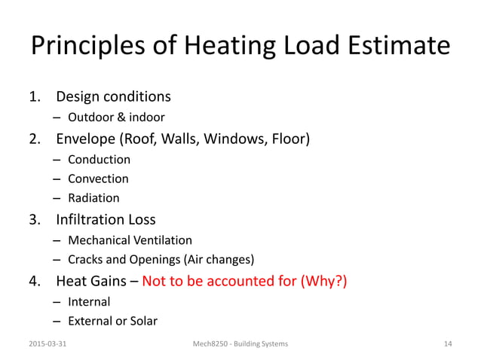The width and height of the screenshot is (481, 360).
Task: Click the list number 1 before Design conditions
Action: [33, 97]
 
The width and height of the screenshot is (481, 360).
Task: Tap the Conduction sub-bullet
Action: [99, 159]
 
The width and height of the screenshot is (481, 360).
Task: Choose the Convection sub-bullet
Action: [98, 178]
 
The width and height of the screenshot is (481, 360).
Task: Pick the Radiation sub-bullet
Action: [93, 198]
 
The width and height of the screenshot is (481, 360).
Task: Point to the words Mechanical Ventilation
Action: [130, 240]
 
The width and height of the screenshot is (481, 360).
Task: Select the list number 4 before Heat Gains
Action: [33, 282]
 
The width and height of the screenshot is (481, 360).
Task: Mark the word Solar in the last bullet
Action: [142, 321]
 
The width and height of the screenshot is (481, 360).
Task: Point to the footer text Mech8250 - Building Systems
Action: [240, 343]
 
